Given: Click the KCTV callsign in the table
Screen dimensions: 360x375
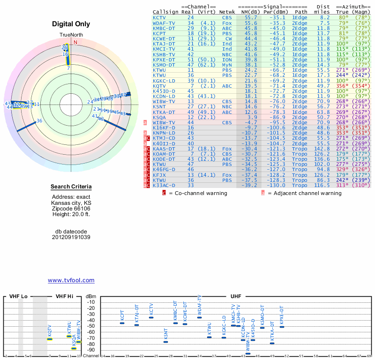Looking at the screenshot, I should click(x=159, y=17).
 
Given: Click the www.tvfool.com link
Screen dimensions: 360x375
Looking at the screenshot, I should click(x=71, y=280).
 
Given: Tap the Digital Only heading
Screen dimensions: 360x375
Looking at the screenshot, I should click(x=71, y=24).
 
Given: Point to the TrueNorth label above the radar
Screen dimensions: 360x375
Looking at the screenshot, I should click(x=71, y=35).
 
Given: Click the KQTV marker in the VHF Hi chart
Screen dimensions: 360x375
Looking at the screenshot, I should click(x=50, y=339).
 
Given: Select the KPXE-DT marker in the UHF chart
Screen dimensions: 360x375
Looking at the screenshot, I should click(x=282, y=326).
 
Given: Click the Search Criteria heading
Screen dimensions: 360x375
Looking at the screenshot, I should click(x=71, y=187).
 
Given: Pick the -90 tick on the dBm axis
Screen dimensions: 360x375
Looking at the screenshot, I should click(x=91, y=350).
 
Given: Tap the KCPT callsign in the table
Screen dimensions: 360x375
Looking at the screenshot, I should click(x=159, y=33).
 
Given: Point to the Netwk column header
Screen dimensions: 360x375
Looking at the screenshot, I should click(x=227, y=12).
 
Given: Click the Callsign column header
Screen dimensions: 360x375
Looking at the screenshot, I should click(x=165, y=12).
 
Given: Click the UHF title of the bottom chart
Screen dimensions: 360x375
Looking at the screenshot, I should click(x=236, y=297).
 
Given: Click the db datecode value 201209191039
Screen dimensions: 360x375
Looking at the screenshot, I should click(x=71, y=237).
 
